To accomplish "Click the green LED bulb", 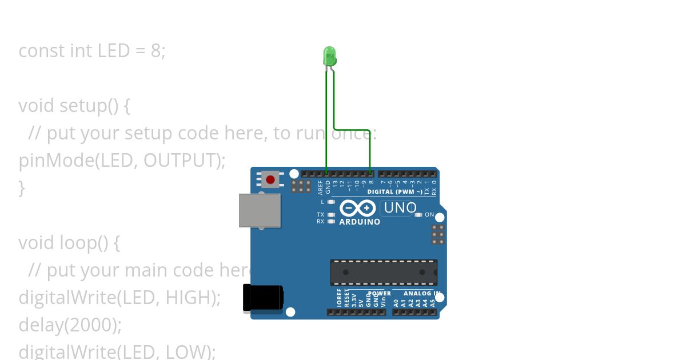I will (329, 57).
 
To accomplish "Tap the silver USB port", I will (260, 210).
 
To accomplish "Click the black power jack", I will (262, 298).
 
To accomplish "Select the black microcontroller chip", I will (384, 273).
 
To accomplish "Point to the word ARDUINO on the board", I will (360, 222).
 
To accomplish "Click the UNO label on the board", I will (400, 208).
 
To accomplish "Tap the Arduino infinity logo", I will (358, 208).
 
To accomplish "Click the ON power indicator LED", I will (418, 215).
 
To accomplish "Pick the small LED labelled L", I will (332, 202).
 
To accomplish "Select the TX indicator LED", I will (332, 215).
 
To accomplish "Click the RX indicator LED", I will (332, 221).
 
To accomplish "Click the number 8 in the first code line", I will (155, 51).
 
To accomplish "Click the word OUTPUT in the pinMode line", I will (180, 161).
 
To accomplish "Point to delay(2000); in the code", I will (70, 325).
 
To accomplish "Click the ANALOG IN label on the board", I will (420, 294).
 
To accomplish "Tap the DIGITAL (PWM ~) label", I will (394, 192).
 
